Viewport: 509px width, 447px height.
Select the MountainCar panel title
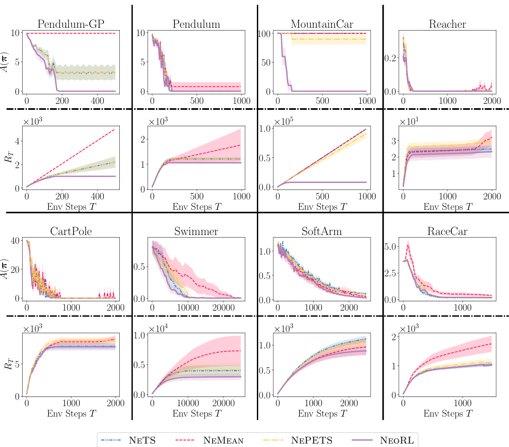pos(322,24)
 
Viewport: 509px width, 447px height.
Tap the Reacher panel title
pos(447,24)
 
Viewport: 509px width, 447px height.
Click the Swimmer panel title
pos(196,232)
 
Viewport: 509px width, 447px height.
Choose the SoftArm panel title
pos(322,232)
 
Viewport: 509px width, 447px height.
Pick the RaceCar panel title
pos(447,232)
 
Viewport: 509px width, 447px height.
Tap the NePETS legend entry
pos(310,440)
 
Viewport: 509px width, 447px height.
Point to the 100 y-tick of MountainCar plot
pos(266,33)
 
